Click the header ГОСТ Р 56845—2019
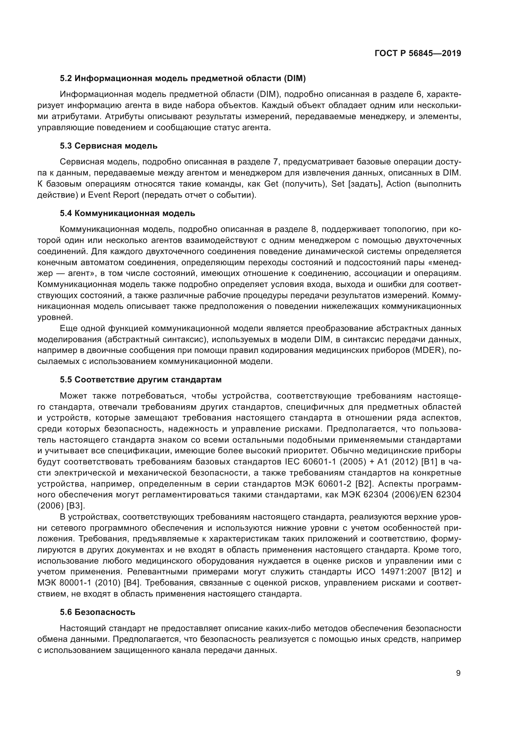click(418, 53)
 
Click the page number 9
click(458, 673)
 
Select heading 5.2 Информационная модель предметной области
click(182, 78)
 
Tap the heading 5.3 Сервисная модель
click(108, 146)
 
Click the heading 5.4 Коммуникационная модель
click(127, 213)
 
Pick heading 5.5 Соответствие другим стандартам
click(141, 380)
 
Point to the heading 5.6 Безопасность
click(98, 612)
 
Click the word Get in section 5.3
click(271, 184)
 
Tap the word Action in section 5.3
click(398, 184)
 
